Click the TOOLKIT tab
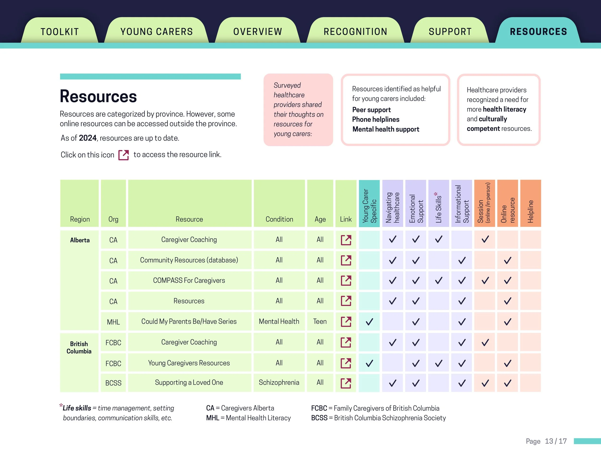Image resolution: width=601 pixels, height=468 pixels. (x=60, y=32)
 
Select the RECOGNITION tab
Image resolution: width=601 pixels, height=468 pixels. (x=355, y=32)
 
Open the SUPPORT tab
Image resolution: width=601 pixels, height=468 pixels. (x=450, y=32)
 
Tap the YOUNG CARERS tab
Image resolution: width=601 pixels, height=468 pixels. (x=157, y=32)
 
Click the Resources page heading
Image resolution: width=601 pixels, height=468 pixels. (x=98, y=97)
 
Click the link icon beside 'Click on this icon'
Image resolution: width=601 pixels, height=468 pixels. (x=124, y=155)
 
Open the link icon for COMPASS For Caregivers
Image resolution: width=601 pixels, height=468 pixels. (x=346, y=280)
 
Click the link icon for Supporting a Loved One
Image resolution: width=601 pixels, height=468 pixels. (x=346, y=383)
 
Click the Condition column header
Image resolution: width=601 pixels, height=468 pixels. (x=279, y=219)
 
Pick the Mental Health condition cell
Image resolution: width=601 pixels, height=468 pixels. (x=279, y=321)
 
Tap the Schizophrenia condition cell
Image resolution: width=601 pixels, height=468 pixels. (x=279, y=383)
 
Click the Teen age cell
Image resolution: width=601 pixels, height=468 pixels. (x=320, y=321)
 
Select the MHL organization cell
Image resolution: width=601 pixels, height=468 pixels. (x=113, y=322)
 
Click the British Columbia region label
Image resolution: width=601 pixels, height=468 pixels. (x=79, y=347)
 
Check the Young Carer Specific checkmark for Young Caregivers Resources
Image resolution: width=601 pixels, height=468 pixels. (x=369, y=363)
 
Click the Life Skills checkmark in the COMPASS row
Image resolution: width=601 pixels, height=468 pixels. (x=439, y=280)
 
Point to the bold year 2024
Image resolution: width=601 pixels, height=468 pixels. (x=88, y=138)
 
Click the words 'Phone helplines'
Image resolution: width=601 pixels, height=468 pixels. (x=376, y=119)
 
